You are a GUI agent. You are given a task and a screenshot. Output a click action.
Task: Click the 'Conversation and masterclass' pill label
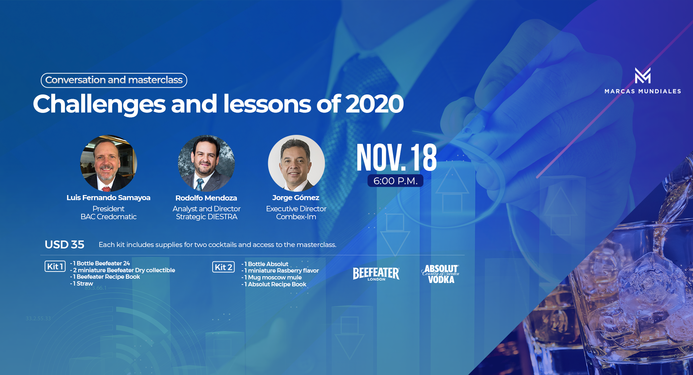(x=114, y=80)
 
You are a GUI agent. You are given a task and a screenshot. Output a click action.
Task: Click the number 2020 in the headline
(x=374, y=104)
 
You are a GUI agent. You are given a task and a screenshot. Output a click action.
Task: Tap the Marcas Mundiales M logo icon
(x=643, y=75)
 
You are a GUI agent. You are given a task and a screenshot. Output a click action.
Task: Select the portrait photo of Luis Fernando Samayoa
(x=109, y=163)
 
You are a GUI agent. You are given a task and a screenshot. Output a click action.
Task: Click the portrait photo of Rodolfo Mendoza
(x=206, y=163)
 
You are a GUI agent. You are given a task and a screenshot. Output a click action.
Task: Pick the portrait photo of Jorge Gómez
(x=296, y=163)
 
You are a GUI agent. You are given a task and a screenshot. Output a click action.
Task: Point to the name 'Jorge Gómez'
(x=296, y=198)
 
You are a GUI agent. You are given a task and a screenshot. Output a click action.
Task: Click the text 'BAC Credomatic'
(x=109, y=217)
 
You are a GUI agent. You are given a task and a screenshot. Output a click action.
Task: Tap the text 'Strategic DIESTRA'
(x=206, y=217)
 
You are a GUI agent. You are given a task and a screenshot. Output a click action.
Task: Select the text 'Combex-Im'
(x=296, y=217)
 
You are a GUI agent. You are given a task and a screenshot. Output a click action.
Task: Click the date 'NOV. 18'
(x=396, y=158)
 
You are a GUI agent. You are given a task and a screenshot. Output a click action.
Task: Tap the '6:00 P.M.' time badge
(x=395, y=181)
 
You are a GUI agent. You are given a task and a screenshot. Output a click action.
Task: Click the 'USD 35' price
(x=65, y=244)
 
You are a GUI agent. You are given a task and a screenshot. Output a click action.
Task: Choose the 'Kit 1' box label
(x=55, y=266)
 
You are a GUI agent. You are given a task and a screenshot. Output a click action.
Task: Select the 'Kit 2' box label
(x=223, y=267)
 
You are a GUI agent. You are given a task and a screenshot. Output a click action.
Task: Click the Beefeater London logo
(x=376, y=274)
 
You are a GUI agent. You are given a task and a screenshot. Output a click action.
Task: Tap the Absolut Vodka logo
(x=441, y=274)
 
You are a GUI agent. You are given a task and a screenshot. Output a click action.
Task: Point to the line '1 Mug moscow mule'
(x=271, y=277)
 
